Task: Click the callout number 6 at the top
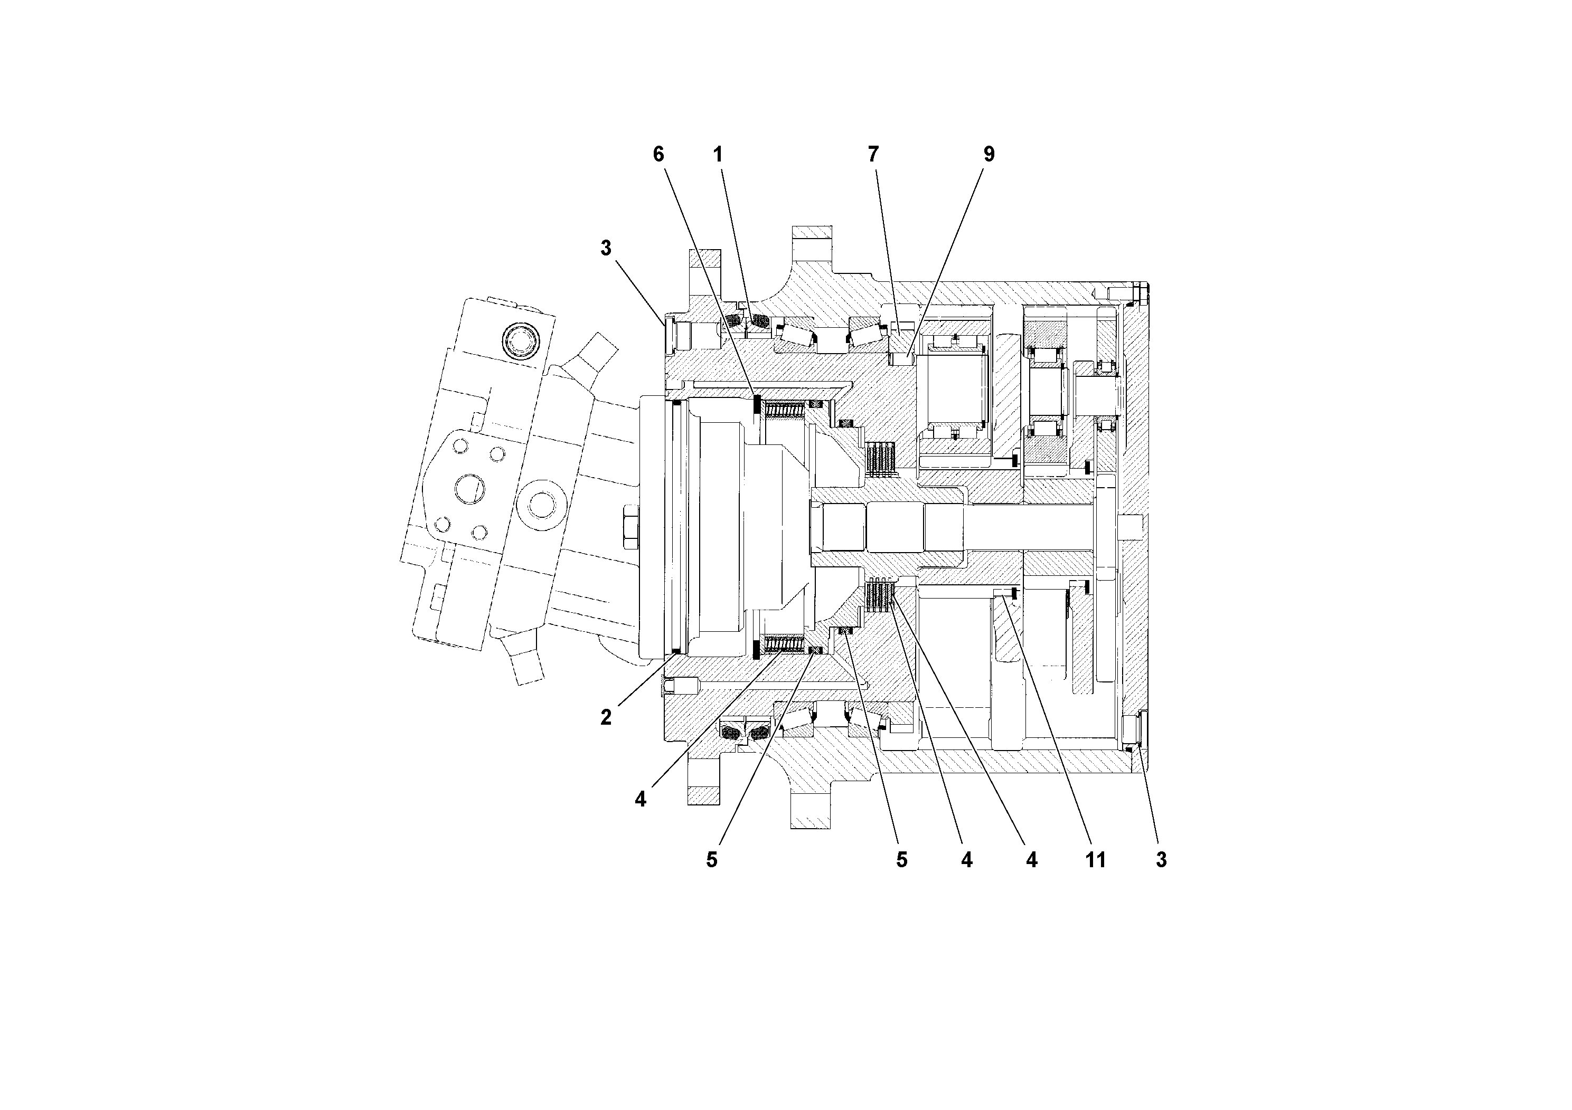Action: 658,155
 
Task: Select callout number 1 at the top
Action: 718,155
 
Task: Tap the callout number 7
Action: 873,155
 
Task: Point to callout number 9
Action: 989,155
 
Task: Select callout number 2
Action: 606,718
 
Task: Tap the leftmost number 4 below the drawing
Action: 640,799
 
